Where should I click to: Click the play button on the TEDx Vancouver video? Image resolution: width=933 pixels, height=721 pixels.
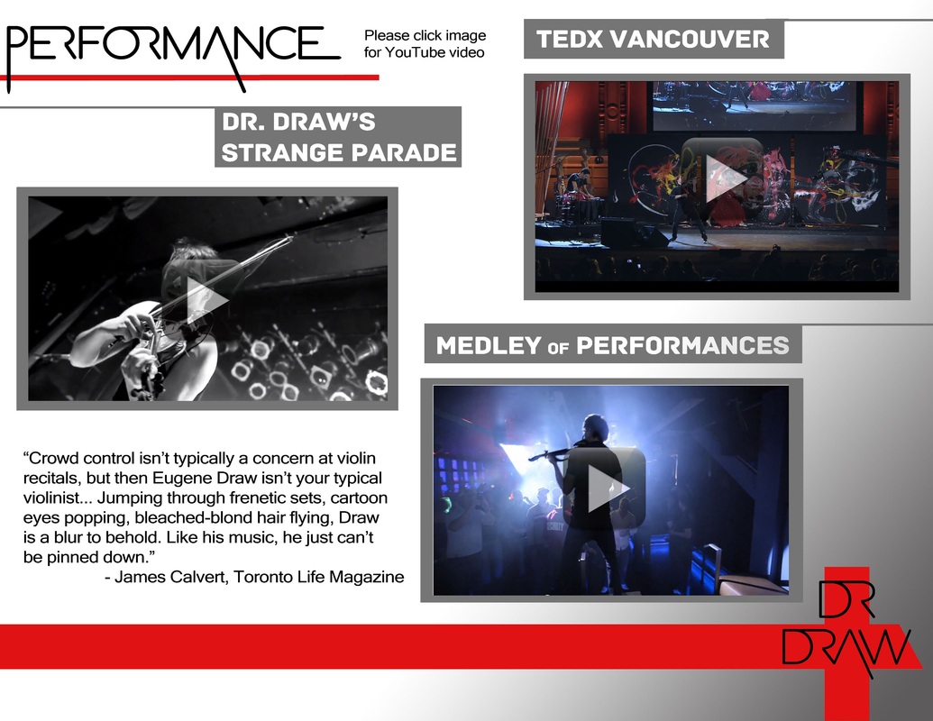[x=722, y=177]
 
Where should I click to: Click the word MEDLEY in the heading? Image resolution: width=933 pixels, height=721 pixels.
[x=489, y=345]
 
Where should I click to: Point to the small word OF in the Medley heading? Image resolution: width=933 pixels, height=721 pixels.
[x=558, y=347]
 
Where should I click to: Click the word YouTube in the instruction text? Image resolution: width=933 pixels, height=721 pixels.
[x=415, y=52]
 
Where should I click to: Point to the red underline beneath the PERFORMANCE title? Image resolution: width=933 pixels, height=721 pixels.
[x=189, y=78]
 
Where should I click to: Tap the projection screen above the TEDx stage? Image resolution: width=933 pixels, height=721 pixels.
[x=754, y=105]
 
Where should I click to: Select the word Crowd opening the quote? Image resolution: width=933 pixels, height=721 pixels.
[x=52, y=458]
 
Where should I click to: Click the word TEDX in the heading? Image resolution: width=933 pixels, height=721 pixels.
[x=570, y=40]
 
